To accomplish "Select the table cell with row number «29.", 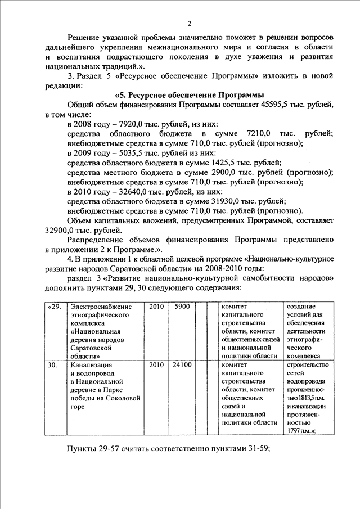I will pyautogui.click(x=53, y=307).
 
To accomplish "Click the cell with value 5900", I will pyautogui.click(x=182, y=307).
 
